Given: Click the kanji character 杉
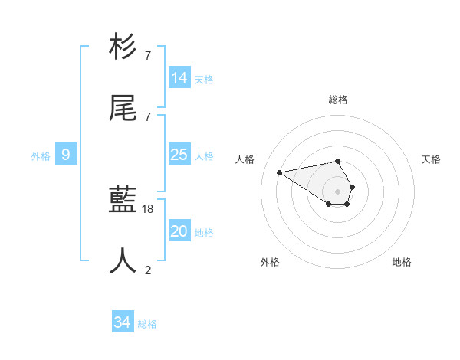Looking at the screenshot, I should point(123,47).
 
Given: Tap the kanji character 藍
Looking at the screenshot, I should point(123,201).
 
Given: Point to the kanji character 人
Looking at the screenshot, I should point(123,260).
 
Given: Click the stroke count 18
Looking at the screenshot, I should point(148,209).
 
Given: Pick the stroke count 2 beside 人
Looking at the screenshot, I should point(148,269).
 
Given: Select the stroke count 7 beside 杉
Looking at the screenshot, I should point(148,56).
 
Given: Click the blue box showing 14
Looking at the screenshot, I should point(179,77).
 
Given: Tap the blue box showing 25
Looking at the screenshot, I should point(179,155).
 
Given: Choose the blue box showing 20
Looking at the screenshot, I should point(179,231).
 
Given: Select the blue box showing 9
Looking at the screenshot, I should point(66,155).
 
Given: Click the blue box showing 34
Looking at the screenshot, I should point(122,322).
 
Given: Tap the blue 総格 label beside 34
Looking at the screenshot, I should point(147,324).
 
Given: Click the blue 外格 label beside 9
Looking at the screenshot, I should point(41,156).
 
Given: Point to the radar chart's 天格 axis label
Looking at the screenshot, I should point(432,159).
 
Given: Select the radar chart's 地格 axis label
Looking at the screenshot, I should point(402,262).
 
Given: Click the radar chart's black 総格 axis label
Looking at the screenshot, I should point(338,100).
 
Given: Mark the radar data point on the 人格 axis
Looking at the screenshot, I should point(280,172).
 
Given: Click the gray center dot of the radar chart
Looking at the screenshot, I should point(337,191).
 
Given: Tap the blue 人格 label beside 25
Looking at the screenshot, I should point(204,156).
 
